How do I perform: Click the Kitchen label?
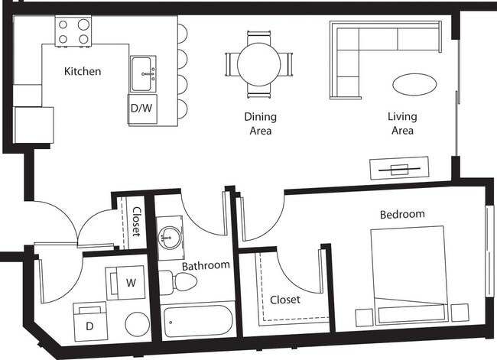pos(83,71)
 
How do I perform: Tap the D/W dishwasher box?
pos(141,109)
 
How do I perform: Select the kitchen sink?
pos(142,73)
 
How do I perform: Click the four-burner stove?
pos(73,31)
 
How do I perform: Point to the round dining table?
pos(258,63)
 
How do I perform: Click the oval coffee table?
pos(414,83)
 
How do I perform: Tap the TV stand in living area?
pos(399,168)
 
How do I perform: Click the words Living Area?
pos(401,124)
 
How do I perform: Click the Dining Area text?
pos(260,124)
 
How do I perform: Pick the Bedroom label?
pos(402,214)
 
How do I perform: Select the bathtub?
pos(198,321)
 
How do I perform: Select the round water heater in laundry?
pos(138,323)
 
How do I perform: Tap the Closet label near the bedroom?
pos(284,300)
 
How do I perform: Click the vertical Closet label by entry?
pos(137,221)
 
